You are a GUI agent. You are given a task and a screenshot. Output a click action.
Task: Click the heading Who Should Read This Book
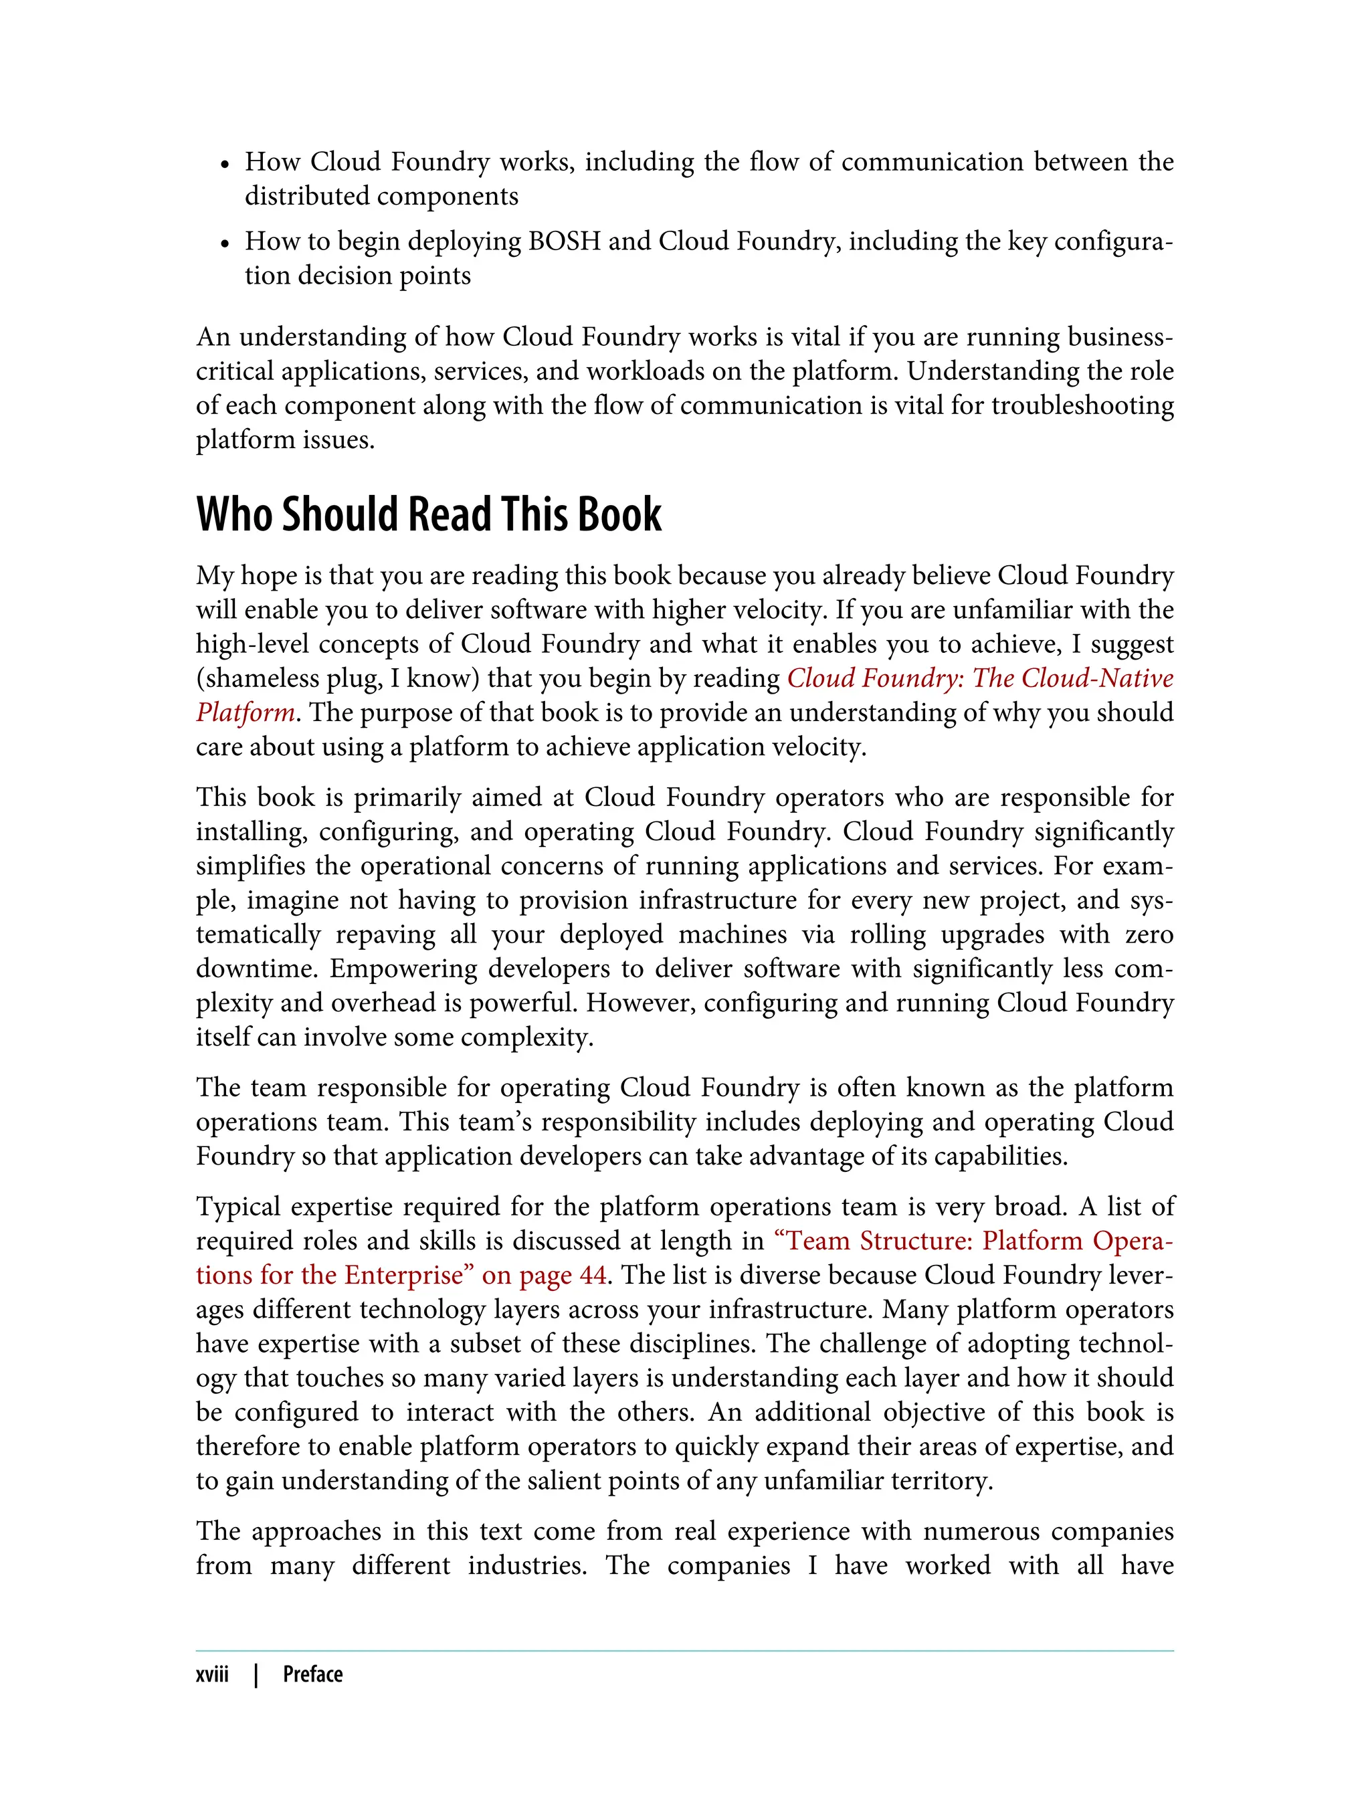pyautogui.click(x=428, y=514)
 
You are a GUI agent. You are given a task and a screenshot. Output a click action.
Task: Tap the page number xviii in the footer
pyautogui.click(x=212, y=1674)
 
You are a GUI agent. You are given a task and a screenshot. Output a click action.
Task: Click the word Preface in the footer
pyautogui.click(x=312, y=1674)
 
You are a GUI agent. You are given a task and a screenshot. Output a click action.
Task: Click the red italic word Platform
pyautogui.click(x=245, y=712)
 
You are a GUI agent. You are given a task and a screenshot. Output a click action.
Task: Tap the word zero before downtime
pyautogui.click(x=1149, y=934)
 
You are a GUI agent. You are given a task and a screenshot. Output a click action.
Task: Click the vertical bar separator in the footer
pyautogui.click(x=256, y=1674)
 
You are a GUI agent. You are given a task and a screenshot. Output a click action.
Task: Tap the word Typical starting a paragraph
pyautogui.click(x=237, y=1206)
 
